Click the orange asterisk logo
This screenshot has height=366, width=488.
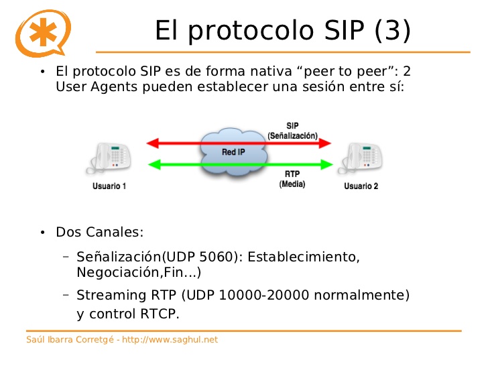tap(43, 32)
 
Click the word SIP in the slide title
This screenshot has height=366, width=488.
tap(343, 30)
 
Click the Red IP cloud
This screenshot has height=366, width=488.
tap(234, 152)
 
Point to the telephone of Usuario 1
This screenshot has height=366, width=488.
tap(109, 158)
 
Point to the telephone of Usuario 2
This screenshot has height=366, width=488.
tap(361, 158)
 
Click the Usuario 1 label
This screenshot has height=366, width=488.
tap(109, 186)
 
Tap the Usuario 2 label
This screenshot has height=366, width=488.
tap(361, 186)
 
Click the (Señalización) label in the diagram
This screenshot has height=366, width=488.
tap(292, 135)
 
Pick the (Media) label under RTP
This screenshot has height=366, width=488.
tap(292, 183)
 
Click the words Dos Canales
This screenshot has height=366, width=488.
tap(100, 233)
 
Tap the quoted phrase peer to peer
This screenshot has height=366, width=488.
tap(349, 71)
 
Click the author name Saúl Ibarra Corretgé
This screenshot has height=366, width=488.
tap(69, 340)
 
